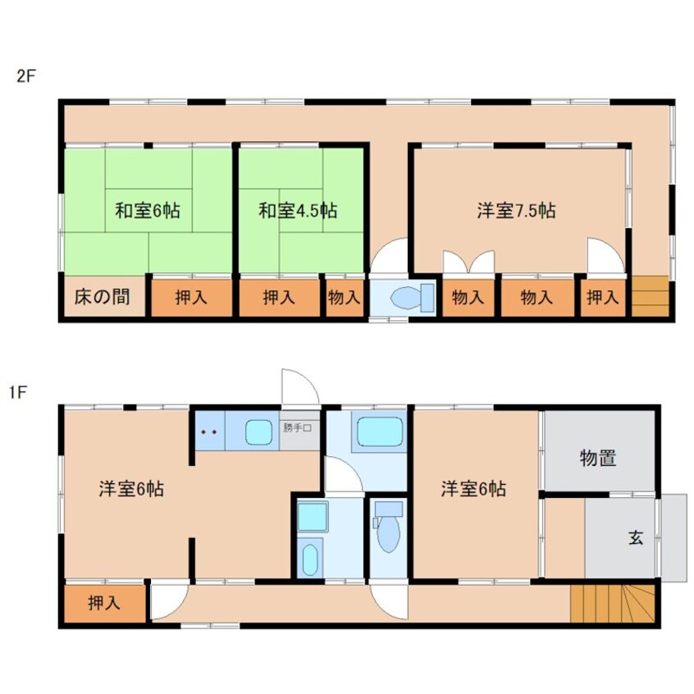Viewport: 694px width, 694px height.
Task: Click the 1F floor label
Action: [x=17, y=392]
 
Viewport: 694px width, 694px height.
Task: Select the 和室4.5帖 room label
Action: [x=298, y=210]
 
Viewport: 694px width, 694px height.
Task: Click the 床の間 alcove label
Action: [x=103, y=297]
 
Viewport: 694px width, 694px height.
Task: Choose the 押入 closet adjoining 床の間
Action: [x=191, y=298]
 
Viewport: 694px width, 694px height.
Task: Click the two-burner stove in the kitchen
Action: [x=208, y=430]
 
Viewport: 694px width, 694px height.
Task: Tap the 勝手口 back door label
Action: [x=300, y=427]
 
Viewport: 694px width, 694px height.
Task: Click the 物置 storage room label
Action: [x=599, y=458]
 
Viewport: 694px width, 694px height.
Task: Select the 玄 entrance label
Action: [x=635, y=538]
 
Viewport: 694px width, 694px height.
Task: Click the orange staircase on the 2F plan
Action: [x=650, y=295]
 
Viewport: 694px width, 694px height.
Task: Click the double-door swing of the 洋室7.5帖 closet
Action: [x=468, y=263]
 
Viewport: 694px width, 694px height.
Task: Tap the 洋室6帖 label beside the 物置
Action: [x=473, y=490]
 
